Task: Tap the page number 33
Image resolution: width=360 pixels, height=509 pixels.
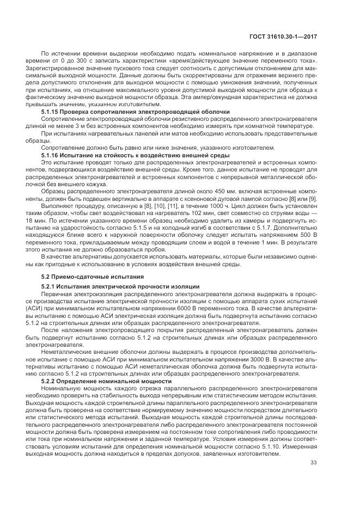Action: point(313,463)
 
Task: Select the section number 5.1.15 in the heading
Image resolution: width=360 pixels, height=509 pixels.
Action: point(51,112)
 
